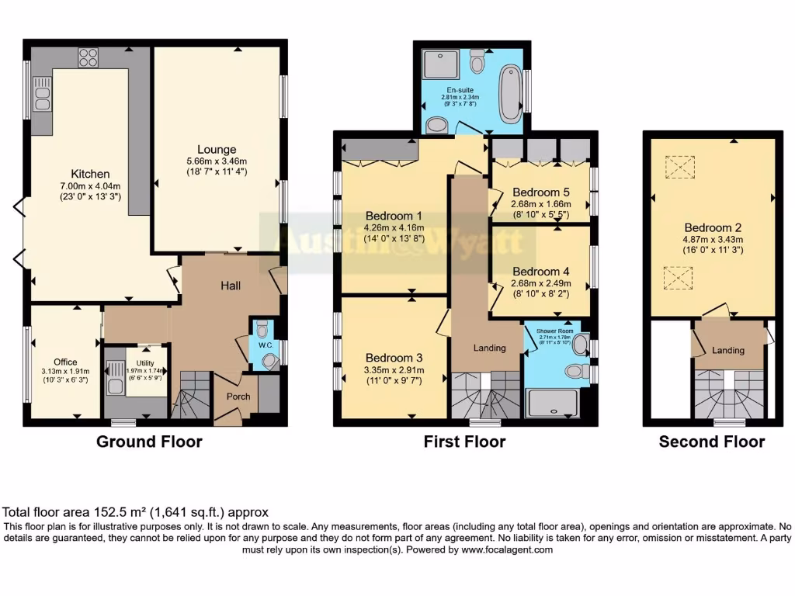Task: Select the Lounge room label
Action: (x=217, y=149)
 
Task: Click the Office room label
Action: (x=65, y=362)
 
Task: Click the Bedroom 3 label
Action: (x=394, y=358)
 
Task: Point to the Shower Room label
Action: (x=554, y=329)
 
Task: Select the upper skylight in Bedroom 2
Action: (x=680, y=166)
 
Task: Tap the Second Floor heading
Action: (x=711, y=442)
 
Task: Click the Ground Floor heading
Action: (x=149, y=442)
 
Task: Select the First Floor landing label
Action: (x=489, y=348)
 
